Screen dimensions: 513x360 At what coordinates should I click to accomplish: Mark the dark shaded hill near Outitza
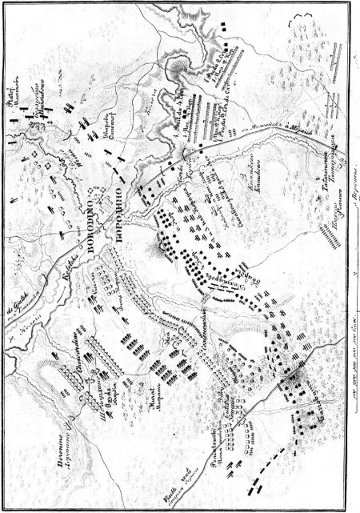click(x=291, y=375)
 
